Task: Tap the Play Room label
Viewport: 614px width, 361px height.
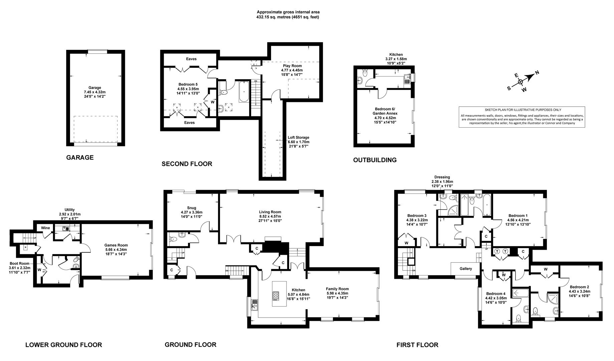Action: coord(291,70)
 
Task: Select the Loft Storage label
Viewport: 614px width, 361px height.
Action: coord(298,142)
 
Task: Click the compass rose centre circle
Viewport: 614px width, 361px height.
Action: coord(520,81)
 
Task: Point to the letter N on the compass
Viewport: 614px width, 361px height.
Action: coord(537,72)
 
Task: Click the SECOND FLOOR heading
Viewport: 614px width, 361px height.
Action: coord(187,164)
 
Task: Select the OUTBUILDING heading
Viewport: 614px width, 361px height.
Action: coord(375,160)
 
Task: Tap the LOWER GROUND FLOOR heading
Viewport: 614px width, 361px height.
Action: coord(64,345)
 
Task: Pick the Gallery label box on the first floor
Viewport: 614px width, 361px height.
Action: coord(466,269)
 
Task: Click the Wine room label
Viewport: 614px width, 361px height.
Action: coord(45,228)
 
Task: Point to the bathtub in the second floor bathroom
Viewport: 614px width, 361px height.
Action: coord(243,91)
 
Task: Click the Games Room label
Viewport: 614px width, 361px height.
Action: coord(116,249)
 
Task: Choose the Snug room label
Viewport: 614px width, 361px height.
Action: coord(192,212)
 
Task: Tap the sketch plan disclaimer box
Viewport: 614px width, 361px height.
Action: coord(523,117)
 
